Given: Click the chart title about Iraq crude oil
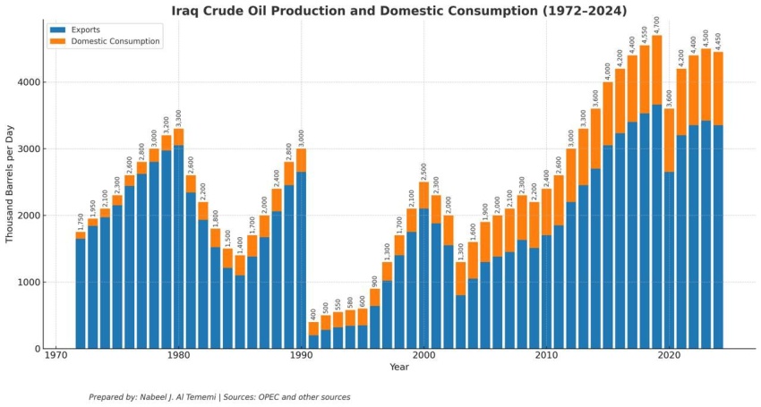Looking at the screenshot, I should pyautogui.click(x=399, y=11).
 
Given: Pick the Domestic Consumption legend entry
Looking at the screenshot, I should pyautogui.click(x=115, y=41).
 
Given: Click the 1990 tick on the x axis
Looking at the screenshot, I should pyautogui.click(x=301, y=356).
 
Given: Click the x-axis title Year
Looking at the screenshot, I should pyautogui.click(x=399, y=368).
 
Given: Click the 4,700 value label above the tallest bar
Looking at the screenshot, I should pyautogui.click(x=657, y=24).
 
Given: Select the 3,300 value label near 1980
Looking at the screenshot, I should pyautogui.click(x=179, y=117).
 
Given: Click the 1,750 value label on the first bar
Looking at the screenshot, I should pyautogui.click(x=81, y=221).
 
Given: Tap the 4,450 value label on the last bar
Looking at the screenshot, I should pyautogui.click(x=718, y=40).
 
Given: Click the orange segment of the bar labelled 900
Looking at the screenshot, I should pyautogui.click(x=375, y=297).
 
